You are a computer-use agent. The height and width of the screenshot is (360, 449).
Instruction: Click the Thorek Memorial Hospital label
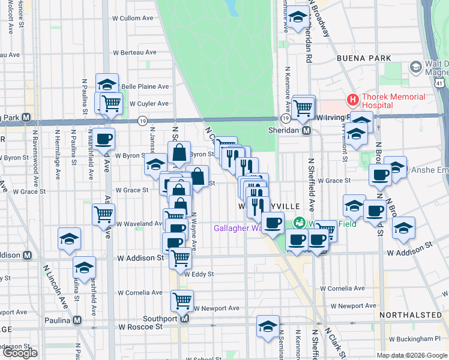click(393, 101)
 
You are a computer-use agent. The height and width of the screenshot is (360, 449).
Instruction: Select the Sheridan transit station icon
click(306, 130)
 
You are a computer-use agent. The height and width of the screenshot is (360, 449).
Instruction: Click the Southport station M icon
click(185, 319)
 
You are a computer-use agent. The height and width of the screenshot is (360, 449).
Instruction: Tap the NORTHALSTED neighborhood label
click(411, 314)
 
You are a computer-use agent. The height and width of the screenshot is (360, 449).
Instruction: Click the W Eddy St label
click(199, 274)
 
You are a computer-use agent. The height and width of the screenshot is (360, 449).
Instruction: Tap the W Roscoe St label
click(140, 327)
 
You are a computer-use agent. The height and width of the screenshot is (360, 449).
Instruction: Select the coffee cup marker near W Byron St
click(103, 139)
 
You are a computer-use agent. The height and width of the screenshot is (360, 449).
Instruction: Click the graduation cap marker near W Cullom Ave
click(297, 19)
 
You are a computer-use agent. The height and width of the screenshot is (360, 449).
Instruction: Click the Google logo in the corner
click(19, 353)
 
